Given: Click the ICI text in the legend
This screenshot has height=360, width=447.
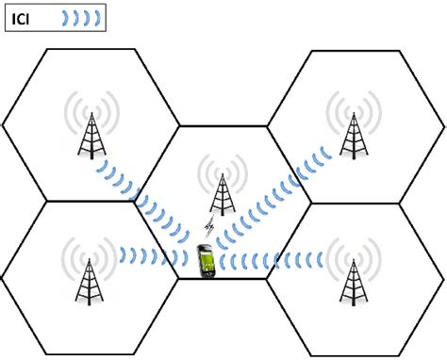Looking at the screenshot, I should [x=24, y=17].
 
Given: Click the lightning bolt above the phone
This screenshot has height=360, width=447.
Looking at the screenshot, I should [x=210, y=229].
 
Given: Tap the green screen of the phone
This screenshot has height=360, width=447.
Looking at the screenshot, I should [x=204, y=259].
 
